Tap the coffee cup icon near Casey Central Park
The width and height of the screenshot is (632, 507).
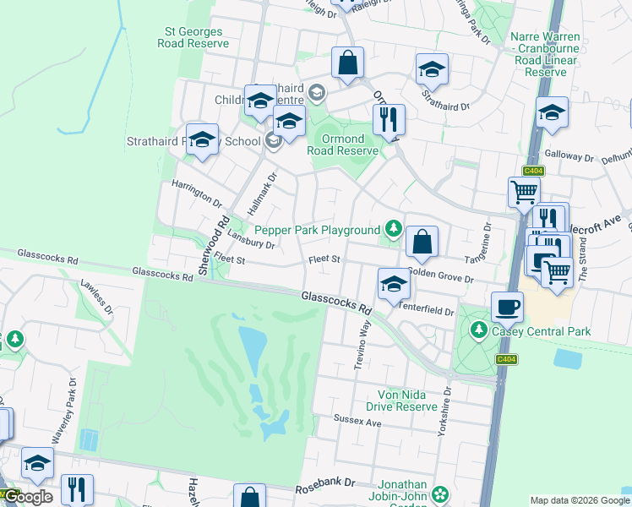pos(507,307)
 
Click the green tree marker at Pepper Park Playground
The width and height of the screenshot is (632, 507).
pos(393,228)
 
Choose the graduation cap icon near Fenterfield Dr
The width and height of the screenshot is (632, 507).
pos(394,284)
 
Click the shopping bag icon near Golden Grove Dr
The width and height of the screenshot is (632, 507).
pos(422,241)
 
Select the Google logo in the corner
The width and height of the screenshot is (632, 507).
pos(28,497)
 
